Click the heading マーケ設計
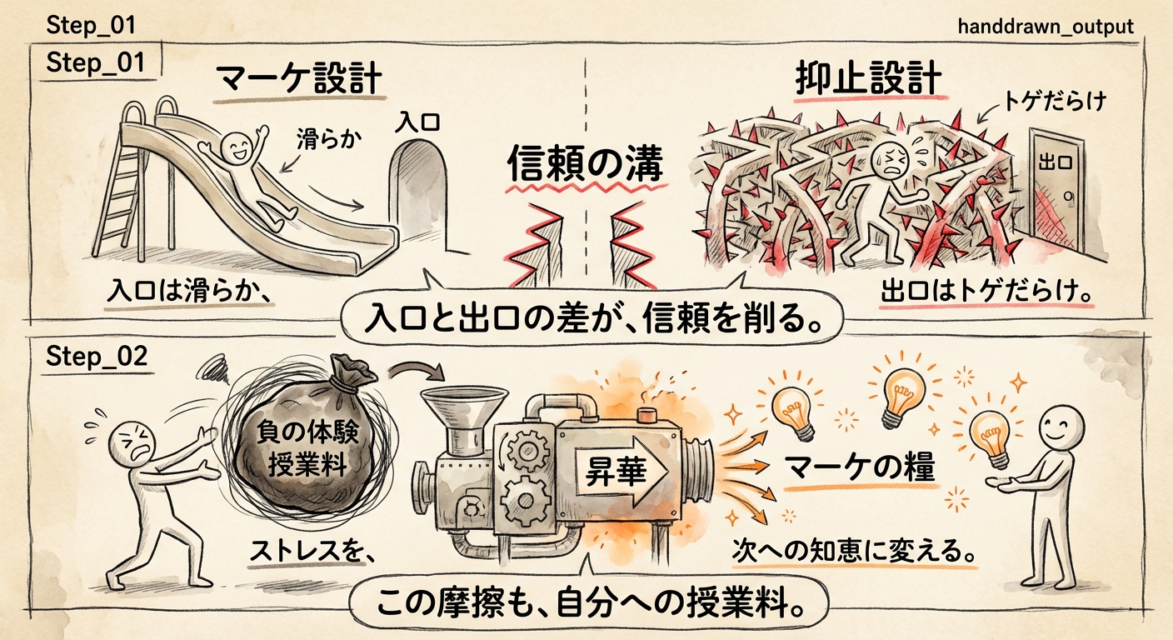298,81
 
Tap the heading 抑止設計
866,81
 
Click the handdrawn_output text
1046,27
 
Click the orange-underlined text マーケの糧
860,468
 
